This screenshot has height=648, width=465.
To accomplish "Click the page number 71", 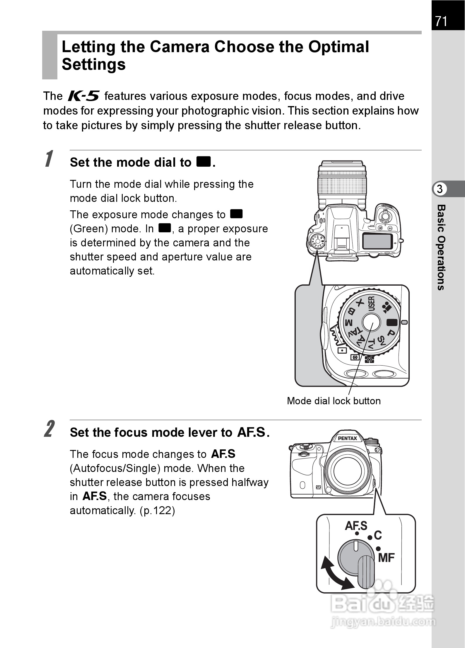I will [441, 21].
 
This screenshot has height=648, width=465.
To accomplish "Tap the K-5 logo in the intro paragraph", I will [83, 96].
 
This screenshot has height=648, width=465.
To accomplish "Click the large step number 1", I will [49, 159].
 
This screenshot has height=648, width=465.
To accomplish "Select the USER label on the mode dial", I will [371, 304].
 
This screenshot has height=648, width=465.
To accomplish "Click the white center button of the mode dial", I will [371, 322].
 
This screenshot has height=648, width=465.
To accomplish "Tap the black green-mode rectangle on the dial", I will [392, 322].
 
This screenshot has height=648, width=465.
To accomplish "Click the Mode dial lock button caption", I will [334, 401].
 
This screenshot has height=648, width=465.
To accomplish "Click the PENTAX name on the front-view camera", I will [348, 438].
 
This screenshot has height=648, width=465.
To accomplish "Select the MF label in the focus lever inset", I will [386, 558].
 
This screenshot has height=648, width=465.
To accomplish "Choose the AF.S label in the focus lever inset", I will [356, 526].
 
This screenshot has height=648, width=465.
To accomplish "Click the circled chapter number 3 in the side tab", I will [440, 189].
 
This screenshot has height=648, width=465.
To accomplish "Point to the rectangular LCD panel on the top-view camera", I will [377, 241].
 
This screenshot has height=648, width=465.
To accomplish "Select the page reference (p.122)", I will [157, 511].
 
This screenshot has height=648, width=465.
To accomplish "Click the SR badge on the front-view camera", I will [318, 487].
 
